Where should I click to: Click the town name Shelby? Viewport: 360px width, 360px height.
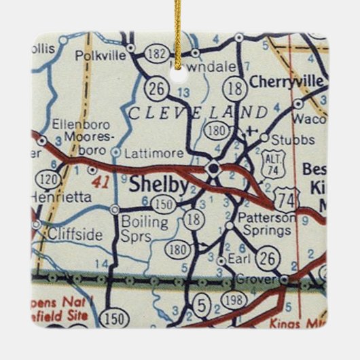click(154, 185)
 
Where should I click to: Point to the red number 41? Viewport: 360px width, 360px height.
click(99, 183)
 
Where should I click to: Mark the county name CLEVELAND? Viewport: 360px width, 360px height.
click(198, 111)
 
